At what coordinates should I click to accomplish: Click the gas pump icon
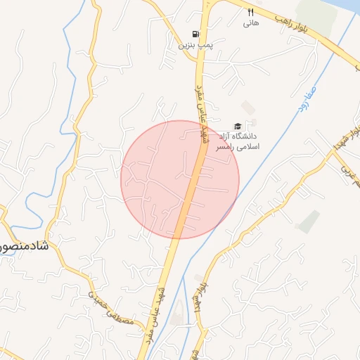coord(195,34)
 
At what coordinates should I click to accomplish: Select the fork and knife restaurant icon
coord(251,12)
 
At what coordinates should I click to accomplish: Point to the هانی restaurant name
coord(251,23)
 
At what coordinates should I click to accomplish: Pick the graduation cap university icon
coord(237,125)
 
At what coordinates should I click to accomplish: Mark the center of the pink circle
coord(180,179)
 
